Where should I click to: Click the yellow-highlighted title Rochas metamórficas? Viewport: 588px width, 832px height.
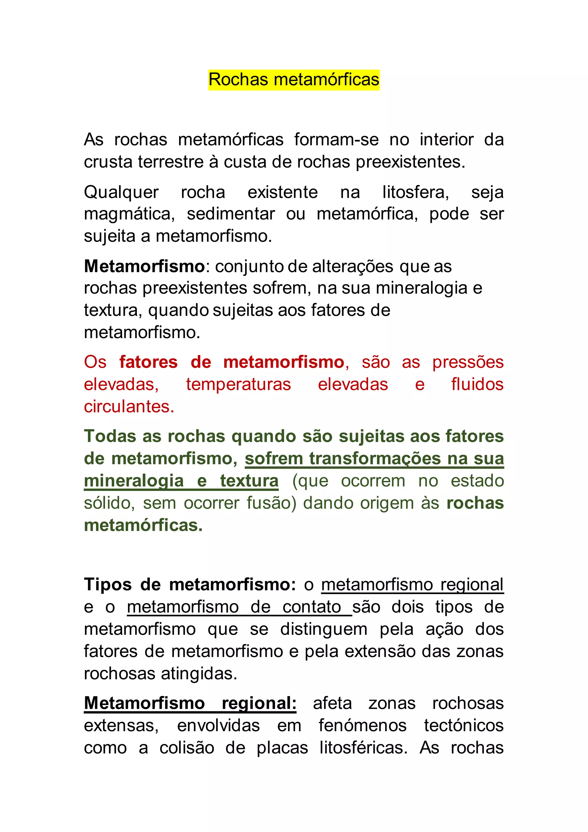[294, 80]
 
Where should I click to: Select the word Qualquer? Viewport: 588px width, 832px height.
[121, 192]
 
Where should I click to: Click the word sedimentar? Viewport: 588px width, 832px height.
[231, 214]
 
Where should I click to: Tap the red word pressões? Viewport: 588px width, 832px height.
[468, 362]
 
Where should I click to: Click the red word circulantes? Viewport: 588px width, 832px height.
[129, 407]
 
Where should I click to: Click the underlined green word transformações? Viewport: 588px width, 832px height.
[375, 459]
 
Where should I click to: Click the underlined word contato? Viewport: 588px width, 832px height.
[312, 607]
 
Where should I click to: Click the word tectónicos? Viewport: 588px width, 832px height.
[464, 726]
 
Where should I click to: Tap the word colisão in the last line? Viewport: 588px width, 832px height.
[187, 748]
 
